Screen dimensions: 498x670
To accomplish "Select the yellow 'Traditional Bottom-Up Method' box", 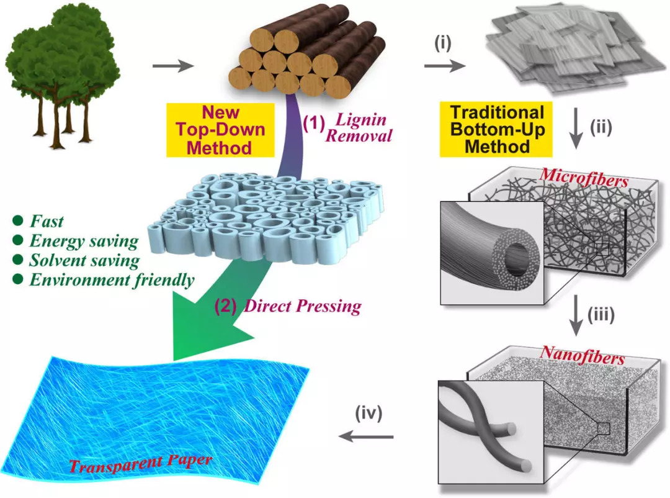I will pos(497,129).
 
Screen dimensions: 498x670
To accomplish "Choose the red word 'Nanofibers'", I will pos(583,355).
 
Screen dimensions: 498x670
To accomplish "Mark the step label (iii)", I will pos(601,314).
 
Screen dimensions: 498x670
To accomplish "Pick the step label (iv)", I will pos(369,412).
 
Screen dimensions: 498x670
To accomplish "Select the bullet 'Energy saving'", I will pos(84,241).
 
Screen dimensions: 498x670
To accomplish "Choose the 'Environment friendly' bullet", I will pos(111,280).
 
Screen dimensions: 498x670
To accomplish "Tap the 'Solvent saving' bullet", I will pos(84,260).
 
